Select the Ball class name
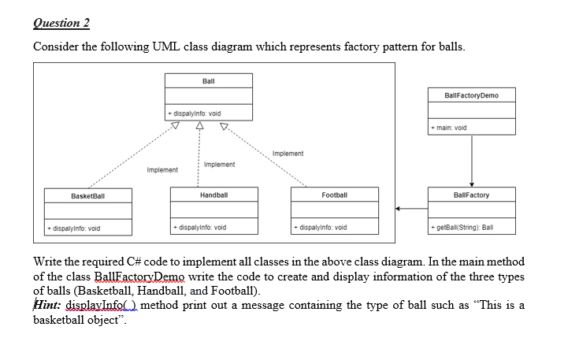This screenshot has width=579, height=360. click(208, 81)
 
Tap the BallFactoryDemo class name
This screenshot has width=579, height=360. click(471, 95)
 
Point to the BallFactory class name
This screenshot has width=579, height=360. click(471, 195)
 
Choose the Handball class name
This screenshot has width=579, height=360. click(213, 194)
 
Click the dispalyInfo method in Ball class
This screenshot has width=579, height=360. click(195, 113)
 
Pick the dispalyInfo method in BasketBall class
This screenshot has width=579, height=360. click(73, 228)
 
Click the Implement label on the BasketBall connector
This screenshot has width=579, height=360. click(162, 169)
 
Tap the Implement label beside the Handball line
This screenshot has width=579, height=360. click(219, 164)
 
